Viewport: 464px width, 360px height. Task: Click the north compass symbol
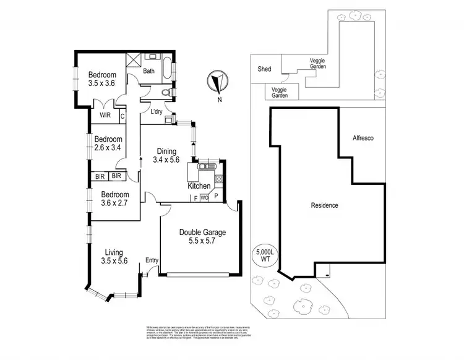tap(217, 81)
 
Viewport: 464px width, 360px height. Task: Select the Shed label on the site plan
tap(264, 69)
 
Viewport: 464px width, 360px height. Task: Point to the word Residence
tap(324, 205)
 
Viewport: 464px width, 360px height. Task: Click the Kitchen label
tap(199, 186)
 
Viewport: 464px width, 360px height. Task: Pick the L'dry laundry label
tap(157, 111)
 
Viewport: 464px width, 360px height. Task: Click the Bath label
tap(148, 71)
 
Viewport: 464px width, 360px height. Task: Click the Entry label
tap(152, 260)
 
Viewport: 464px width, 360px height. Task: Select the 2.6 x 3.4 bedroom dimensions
tap(108, 148)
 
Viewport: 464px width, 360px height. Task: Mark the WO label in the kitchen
tap(204, 198)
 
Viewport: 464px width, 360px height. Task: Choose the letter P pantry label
tap(216, 196)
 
